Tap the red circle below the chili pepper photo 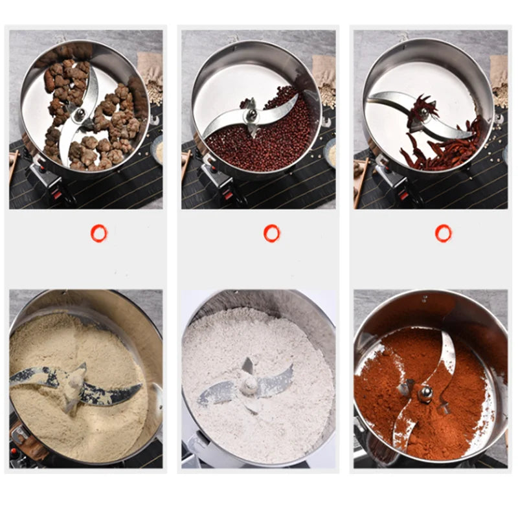tap(444, 233)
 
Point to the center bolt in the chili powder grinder tap(425, 390)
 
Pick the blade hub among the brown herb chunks tap(80, 115)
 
